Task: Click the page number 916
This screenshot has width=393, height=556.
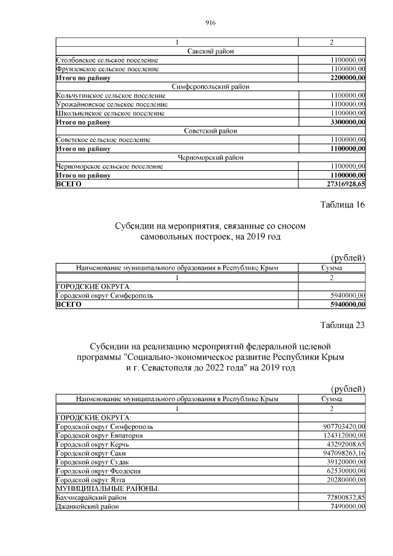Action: click(210, 23)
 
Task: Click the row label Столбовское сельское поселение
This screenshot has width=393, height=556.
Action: click(107, 60)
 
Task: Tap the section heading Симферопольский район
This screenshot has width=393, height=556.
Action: click(210, 87)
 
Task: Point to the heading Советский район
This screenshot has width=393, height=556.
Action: click(210, 131)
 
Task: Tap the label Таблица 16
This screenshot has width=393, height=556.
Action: click(343, 205)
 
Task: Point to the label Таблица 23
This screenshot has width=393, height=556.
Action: click(343, 325)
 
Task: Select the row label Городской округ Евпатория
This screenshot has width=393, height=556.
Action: click(99, 435)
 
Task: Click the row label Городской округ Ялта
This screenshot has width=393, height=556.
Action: click(92, 480)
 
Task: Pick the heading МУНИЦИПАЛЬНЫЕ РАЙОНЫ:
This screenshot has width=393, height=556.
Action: click(107, 488)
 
